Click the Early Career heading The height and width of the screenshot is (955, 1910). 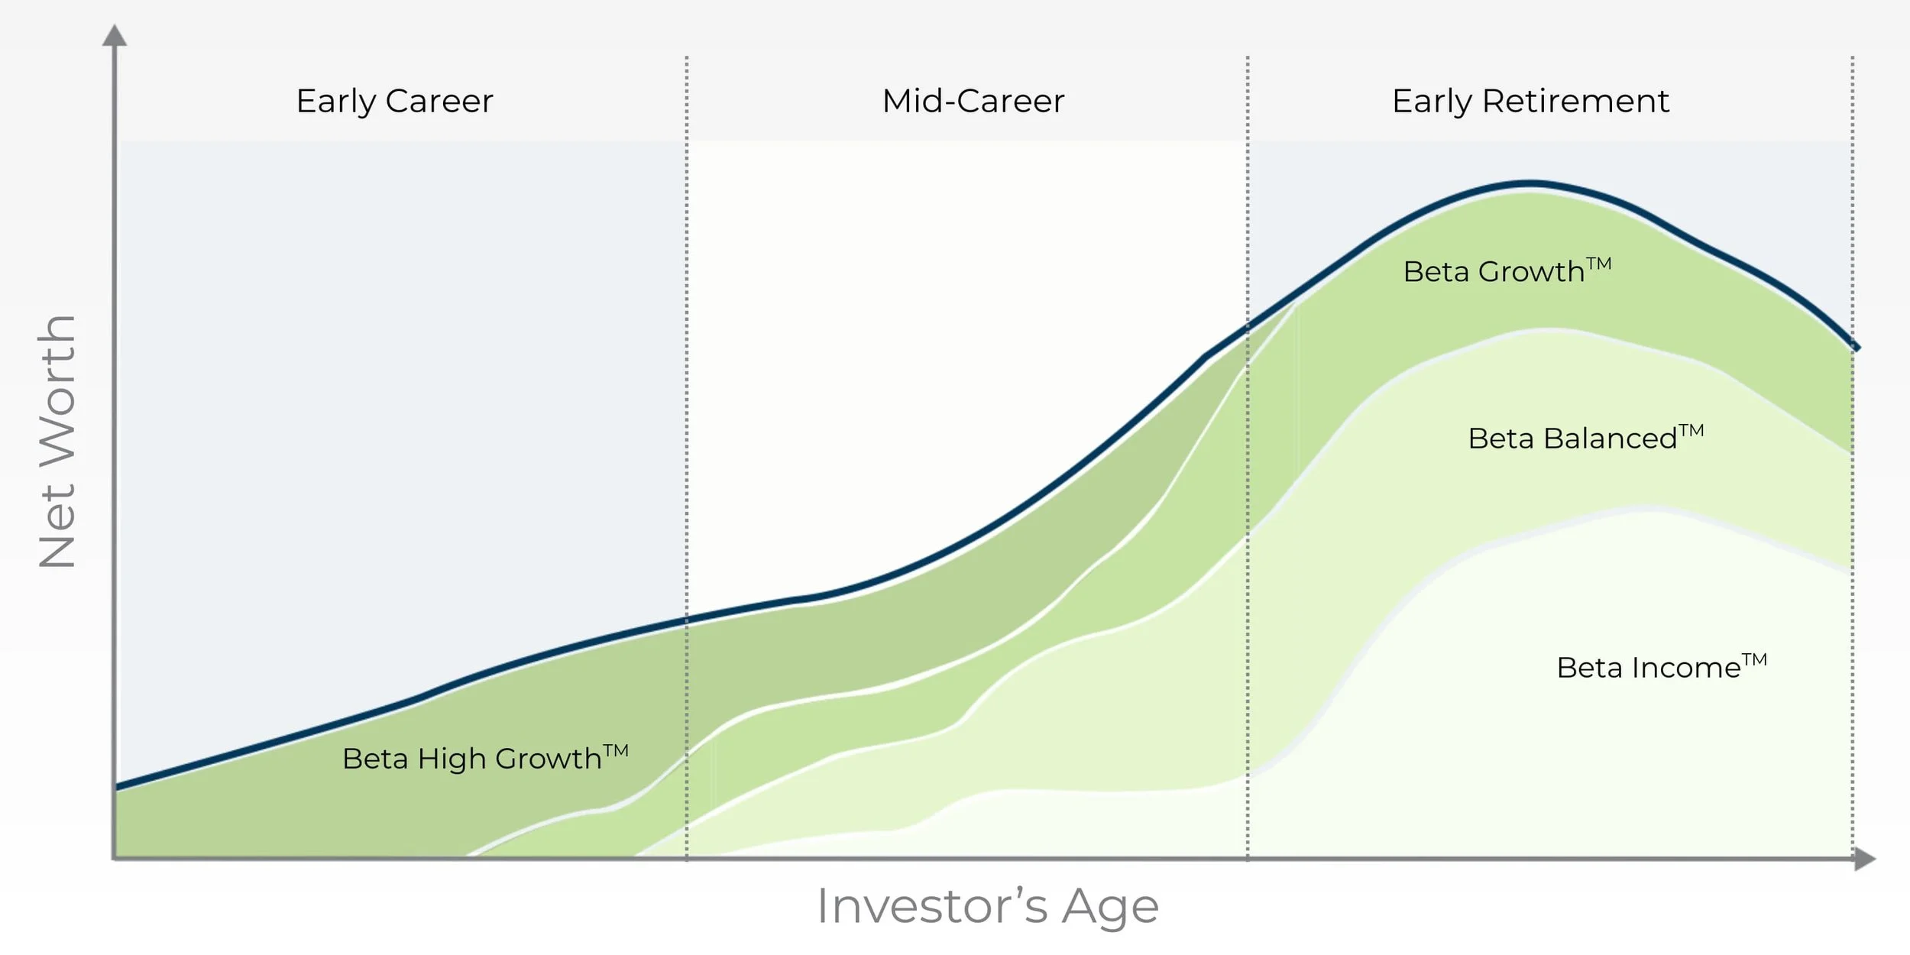(x=394, y=101)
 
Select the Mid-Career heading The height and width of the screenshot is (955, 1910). (x=973, y=101)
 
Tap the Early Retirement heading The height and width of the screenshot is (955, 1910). (x=1530, y=101)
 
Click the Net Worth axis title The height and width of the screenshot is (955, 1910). (x=58, y=442)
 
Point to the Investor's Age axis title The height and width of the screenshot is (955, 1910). (x=988, y=906)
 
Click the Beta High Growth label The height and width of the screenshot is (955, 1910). (x=484, y=759)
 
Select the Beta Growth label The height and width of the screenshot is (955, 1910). (x=1507, y=271)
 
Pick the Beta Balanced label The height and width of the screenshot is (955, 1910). (x=1585, y=438)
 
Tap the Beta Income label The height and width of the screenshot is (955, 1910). (x=1661, y=667)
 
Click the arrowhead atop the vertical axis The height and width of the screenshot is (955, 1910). (x=115, y=36)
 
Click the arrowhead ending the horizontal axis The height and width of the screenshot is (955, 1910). (x=1865, y=859)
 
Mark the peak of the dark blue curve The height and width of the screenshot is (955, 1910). (x=1530, y=183)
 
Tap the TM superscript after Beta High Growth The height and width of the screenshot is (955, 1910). (x=616, y=750)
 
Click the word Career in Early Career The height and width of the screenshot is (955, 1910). (x=439, y=101)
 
